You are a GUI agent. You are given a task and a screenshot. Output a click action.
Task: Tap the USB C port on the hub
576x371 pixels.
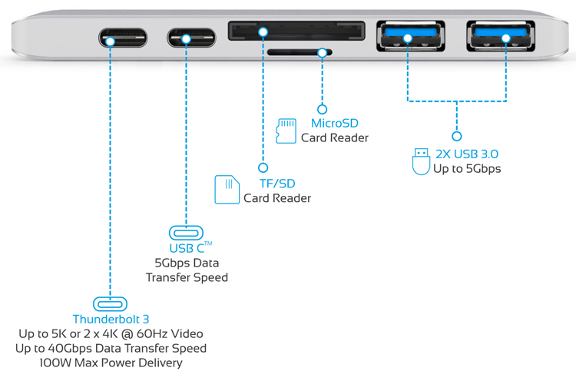click(x=186, y=37)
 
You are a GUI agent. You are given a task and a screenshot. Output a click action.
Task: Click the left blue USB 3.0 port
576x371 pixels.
click(x=408, y=36)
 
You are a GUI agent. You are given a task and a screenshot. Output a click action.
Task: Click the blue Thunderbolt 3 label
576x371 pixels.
click(x=111, y=319)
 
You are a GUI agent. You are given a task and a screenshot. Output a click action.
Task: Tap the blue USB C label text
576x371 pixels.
click(x=186, y=248)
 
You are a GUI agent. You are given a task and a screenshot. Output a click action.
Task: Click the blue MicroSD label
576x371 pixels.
click(x=334, y=123)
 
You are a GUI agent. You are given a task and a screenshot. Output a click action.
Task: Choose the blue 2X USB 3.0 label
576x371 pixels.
click(x=466, y=154)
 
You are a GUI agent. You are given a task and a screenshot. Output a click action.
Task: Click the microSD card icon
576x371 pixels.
click(x=286, y=131)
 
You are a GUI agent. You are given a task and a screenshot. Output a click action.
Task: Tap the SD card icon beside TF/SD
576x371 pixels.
click(x=227, y=190)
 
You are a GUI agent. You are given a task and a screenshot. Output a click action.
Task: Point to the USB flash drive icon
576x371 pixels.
click(x=420, y=161)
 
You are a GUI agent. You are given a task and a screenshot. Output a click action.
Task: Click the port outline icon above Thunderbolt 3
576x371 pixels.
click(x=111, y=303)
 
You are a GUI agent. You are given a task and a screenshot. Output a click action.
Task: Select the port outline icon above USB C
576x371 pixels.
click(x=186, y=232)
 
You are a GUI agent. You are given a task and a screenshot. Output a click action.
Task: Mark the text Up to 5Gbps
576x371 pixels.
click(x=466, y=168)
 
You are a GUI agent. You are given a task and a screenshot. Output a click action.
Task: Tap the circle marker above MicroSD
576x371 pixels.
click(x=323, y=110)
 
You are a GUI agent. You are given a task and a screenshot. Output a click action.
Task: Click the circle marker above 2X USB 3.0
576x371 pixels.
click(x=456, y=137)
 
